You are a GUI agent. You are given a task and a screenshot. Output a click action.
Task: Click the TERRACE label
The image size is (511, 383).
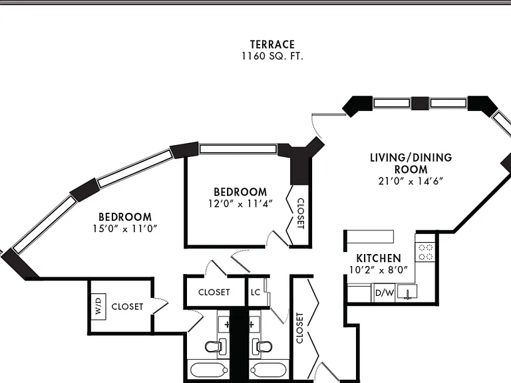pos(272,45)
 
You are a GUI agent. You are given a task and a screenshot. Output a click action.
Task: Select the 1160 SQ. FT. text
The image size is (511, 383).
pos(272,57)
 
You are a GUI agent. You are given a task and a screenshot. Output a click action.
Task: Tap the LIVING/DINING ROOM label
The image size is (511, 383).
pos(411,164)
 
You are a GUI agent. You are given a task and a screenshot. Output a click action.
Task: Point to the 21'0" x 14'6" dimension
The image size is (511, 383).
pos(411,181)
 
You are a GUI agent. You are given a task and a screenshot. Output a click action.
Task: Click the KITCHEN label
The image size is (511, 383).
pos(379,258)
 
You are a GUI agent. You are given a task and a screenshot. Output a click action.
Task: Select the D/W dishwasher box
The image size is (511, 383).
pos(385,293)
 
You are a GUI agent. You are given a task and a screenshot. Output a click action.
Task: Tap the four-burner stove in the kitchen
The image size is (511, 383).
pos(425,252)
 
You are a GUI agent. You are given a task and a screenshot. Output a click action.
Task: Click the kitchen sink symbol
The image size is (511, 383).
pos(407,292)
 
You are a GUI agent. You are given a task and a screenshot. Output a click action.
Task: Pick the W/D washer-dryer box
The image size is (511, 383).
pos(98,307)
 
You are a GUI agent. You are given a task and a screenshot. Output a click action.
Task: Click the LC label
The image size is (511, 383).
pos(255,292)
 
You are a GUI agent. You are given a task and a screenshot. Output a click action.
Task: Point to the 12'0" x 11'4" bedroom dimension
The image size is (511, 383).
pos(240,204)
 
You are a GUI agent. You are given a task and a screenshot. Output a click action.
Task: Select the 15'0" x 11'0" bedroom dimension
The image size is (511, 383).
pos(125,229)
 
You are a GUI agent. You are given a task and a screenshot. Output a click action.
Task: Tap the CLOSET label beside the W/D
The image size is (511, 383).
pos(127,307)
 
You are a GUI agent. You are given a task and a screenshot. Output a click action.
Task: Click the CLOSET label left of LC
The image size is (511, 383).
pos(214,292)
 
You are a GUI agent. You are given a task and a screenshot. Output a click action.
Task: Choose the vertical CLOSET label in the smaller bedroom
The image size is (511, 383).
pos(301,213)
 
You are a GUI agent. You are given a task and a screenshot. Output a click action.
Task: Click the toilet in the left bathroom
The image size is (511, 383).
pos(216,346)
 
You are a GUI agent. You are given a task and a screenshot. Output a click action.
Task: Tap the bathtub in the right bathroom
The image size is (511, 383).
pos(268,370)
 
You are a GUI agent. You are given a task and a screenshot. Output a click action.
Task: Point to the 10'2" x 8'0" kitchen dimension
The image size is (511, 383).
pos(379,270)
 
